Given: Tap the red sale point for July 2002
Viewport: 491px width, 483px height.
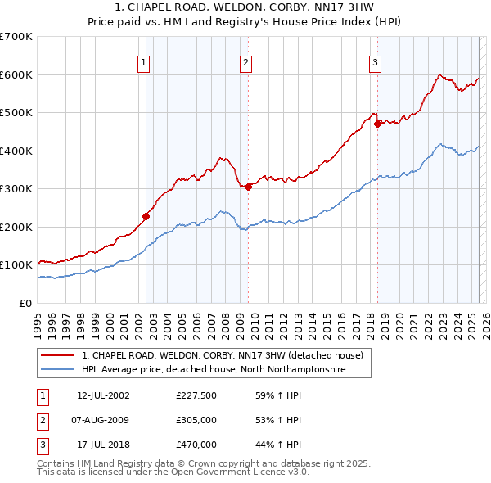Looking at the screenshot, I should (146, 216).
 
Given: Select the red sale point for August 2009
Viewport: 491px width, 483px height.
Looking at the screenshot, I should (248, 187).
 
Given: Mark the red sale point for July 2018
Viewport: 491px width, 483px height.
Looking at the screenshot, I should (377, 124).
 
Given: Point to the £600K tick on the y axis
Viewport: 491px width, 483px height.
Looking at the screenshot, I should (16, 74).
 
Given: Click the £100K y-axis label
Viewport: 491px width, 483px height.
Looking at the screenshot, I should (16, 265).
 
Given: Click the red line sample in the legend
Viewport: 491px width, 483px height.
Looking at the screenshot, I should (56, 355).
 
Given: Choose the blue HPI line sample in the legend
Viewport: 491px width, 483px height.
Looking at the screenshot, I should (56, 370).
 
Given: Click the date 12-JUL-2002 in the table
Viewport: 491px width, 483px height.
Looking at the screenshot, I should (103, 395).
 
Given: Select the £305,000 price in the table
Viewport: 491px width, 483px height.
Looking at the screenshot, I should (196, 420).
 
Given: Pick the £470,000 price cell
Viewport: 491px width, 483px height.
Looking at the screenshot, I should (196, 445).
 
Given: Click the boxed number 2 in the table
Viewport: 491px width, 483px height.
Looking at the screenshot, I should (41, 420).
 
